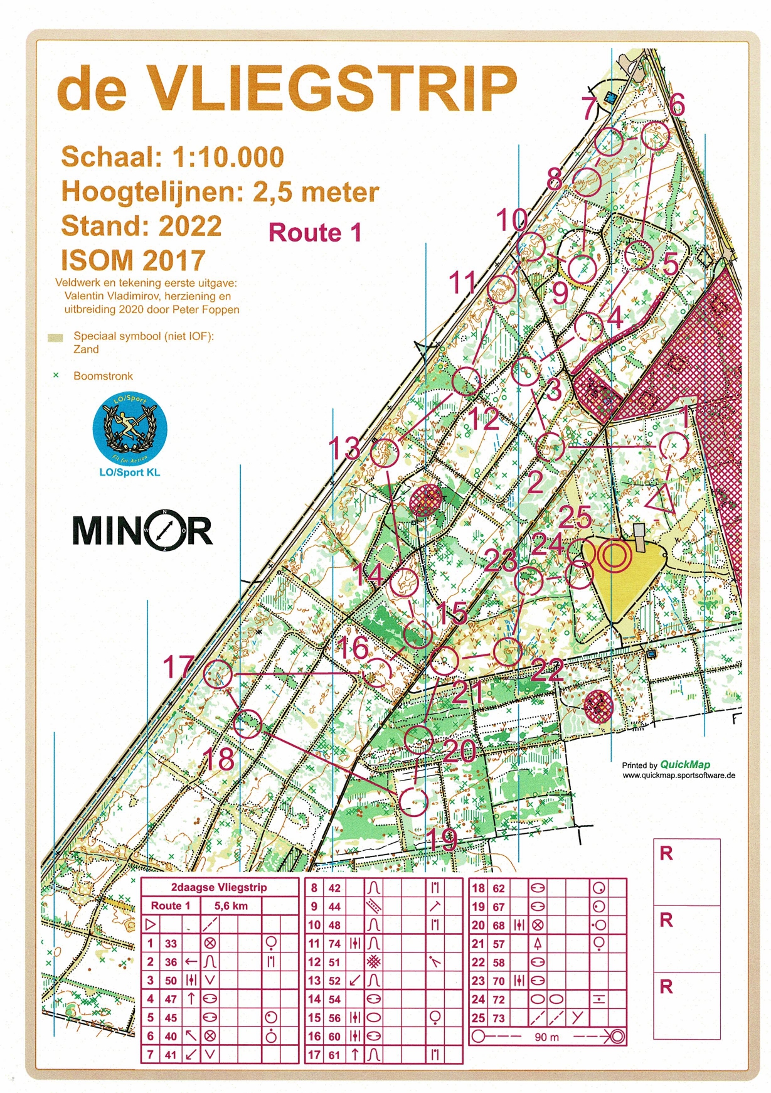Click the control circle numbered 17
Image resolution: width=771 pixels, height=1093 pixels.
tap(218, 674)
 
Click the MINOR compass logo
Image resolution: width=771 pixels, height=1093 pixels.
tap(143, 530)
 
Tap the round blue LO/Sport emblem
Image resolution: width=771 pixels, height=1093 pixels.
tap(130, 430)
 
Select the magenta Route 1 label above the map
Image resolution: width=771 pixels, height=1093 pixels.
tap(315, 233)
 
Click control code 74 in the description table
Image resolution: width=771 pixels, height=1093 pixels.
tap(334, 943)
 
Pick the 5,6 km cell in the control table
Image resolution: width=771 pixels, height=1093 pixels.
tap(230, 905)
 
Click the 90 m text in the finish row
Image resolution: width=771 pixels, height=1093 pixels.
tap(546, 1037)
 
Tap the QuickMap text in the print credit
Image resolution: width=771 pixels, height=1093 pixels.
tap(685, 764)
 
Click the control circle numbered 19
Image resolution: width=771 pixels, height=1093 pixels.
tap(413, 801)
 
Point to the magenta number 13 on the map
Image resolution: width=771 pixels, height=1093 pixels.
tap(344, 449)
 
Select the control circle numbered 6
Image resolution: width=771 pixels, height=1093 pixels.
tap(656, 136)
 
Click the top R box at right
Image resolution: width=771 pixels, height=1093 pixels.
tap(686, 872)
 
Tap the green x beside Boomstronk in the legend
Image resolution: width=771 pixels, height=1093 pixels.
tap(56, 375)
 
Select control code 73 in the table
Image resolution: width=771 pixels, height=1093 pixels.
tap(499, 1018)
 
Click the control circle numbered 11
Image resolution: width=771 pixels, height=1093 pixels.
tap(502, 289)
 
